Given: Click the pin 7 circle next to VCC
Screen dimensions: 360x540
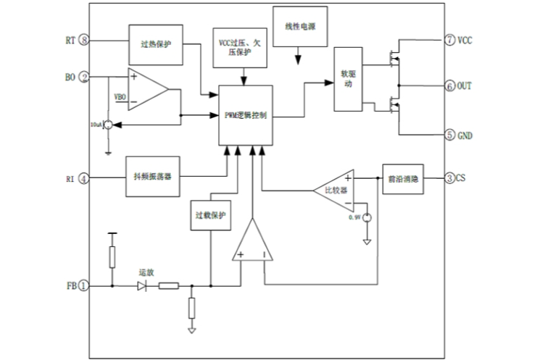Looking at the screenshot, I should tap(450, 40).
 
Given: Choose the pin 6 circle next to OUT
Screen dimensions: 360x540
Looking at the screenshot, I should tap(450, 86).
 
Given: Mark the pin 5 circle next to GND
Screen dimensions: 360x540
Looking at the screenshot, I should tap(450, 135).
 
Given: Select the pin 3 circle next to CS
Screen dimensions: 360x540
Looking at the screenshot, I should tap(450, 177).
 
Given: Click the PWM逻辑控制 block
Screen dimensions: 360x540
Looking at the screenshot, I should tap(248, 117).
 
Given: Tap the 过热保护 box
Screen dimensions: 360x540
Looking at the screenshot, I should tap(155, 43).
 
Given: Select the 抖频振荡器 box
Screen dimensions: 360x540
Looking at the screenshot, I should tap(152, 177).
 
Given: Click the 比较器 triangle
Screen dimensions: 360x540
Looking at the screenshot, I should tap(334, 191).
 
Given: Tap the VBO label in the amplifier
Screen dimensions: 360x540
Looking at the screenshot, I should tap(121, 96).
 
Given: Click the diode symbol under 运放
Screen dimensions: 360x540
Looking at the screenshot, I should tap(143, 286).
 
